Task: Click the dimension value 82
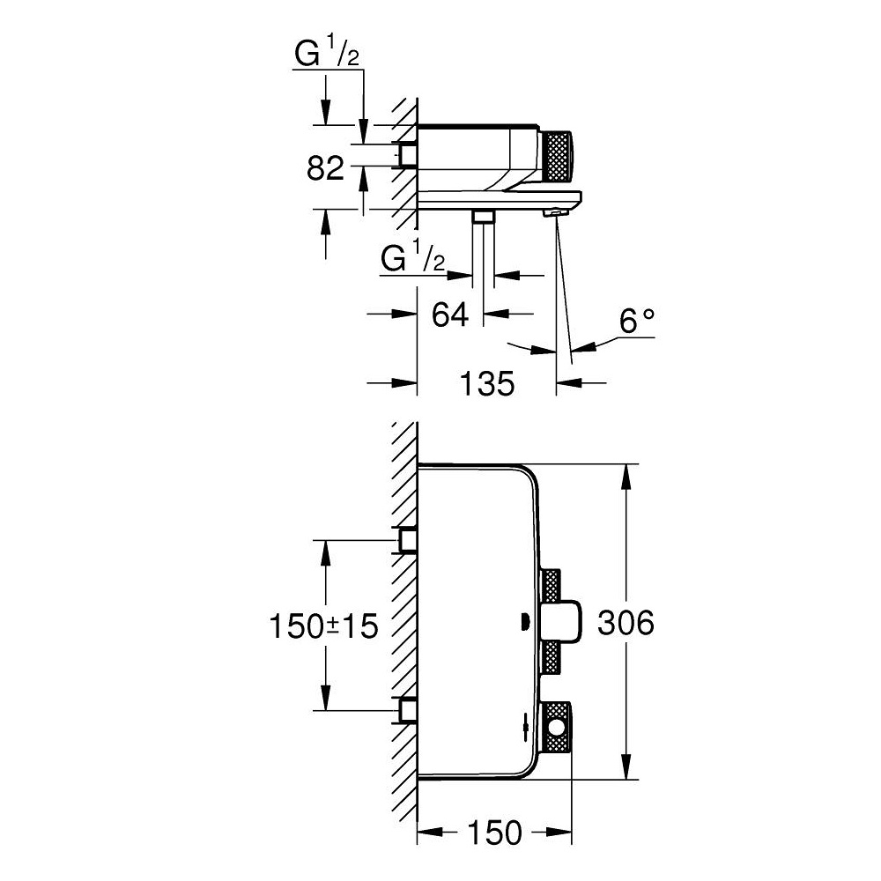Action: [325, 167]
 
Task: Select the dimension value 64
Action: [449, 314]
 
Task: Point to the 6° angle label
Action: [638, 322]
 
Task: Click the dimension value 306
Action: [626, 623]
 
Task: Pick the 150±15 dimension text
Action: [323, 626]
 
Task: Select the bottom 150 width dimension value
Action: [494, 831]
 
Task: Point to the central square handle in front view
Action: [562, 623]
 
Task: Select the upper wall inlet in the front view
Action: [407, 538]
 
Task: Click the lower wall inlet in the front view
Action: [407, 709]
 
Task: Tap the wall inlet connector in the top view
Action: [407, 154]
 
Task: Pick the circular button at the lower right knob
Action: [558, 728]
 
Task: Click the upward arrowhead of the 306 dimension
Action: [626, 476]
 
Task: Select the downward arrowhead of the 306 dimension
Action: [626, 768]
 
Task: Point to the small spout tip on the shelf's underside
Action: [556, 212]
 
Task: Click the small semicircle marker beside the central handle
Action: [524, 623]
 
